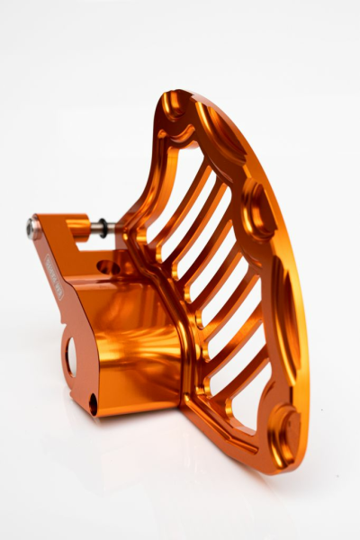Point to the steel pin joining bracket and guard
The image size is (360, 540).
[x=89, y=229]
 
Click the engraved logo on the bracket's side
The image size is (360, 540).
[x=53, y=275]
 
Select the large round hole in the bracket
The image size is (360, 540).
[x=71, y=355]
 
